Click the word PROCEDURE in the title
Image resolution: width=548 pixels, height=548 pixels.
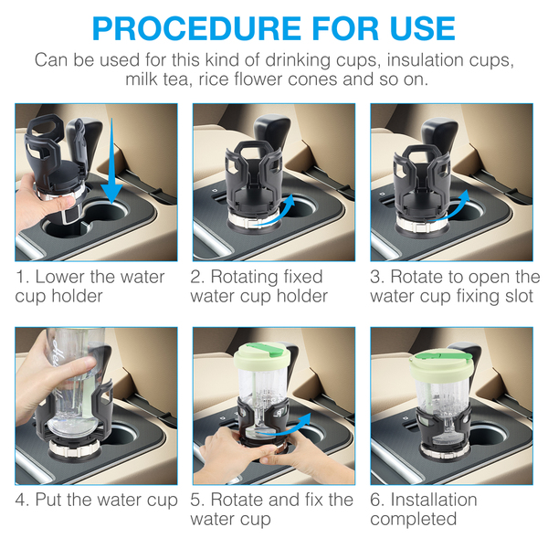click(196, 28)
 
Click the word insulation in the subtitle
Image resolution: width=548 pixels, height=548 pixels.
click(425, 59)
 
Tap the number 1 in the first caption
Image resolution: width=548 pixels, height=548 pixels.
click(21, 277)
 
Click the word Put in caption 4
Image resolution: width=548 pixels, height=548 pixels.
click(49, 500)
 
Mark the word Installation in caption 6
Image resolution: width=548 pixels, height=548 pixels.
click(434, 500)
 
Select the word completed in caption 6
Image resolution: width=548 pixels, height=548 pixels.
click(414, 520)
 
